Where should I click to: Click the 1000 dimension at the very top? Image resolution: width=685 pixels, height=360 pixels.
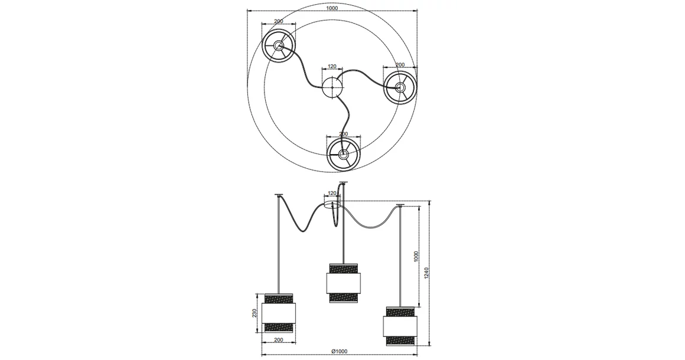(332, 8)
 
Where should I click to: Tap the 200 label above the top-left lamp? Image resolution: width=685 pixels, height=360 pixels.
(279, 21)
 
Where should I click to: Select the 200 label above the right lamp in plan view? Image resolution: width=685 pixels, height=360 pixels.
(400, 64)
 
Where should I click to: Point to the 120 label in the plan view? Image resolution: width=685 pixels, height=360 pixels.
(332, 67)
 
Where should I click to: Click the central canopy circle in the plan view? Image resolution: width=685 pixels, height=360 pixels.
(332, 88)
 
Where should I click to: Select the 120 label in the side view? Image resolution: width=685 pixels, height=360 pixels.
(332, 193)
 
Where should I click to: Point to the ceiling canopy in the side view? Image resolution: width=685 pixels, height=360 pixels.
(332, 205)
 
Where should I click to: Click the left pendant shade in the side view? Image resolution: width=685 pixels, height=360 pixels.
(278, 312)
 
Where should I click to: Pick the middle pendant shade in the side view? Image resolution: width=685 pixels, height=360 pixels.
(342, 282)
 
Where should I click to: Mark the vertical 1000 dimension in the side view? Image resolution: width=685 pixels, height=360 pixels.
(416, 256)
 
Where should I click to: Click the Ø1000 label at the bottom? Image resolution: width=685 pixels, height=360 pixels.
(340, 352)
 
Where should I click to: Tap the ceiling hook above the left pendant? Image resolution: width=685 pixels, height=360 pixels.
(278, 195)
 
